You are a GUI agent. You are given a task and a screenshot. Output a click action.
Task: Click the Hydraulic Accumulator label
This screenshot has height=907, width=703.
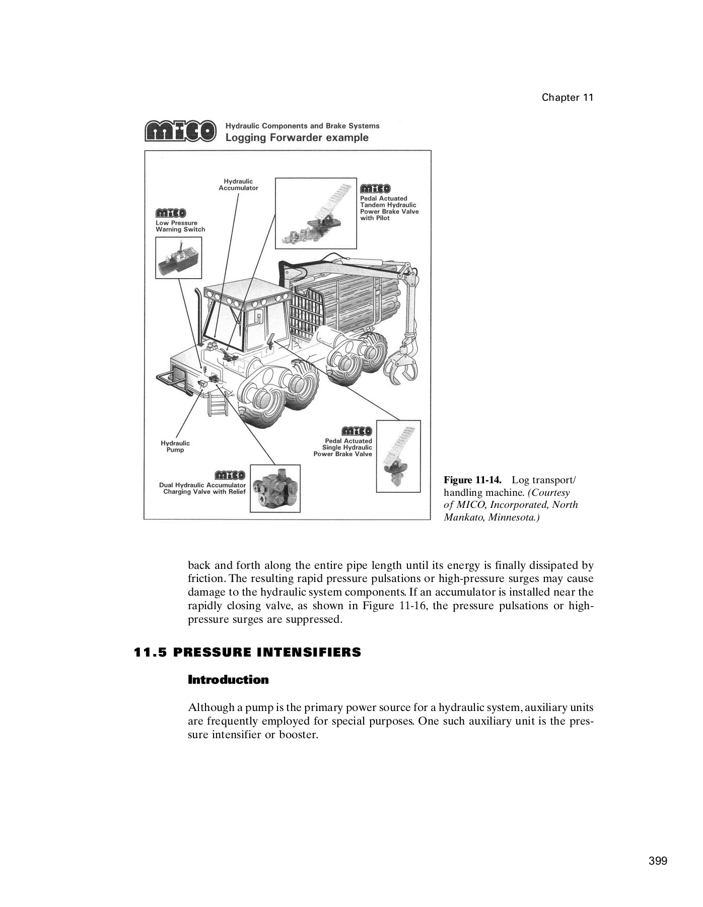click(x=238, y=184)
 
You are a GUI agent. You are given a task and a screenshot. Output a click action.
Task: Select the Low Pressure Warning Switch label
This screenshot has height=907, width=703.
click(x=180, y=226)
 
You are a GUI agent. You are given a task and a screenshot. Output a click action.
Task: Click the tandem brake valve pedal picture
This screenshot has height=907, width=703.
click(x=316, y=212)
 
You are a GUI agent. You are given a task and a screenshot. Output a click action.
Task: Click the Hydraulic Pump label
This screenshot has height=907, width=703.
click(x=175, y=446)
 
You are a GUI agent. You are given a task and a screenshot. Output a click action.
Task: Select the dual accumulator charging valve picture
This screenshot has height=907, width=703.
click(x=275, y=488)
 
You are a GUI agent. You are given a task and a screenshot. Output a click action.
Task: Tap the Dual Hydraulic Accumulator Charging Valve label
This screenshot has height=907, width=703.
click(x=203, y=488)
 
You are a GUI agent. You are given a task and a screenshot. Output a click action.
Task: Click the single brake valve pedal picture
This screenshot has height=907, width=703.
click(x=398, y=456)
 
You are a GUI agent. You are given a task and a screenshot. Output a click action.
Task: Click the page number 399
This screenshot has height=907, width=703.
click(x=658, y=861)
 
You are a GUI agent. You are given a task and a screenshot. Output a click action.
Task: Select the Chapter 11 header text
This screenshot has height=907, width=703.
click(x=568, y=98)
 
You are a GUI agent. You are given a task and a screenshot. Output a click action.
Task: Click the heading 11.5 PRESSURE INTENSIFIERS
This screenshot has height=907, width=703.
click(x=247, y=653)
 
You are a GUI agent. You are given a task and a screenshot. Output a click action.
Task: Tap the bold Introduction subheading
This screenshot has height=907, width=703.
click(x=228, y=680)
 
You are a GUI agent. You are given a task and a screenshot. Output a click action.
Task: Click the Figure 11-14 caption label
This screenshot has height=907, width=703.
click(x=472, y=479)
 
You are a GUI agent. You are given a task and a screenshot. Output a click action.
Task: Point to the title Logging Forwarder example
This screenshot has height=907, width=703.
click(x=297, y=138)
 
